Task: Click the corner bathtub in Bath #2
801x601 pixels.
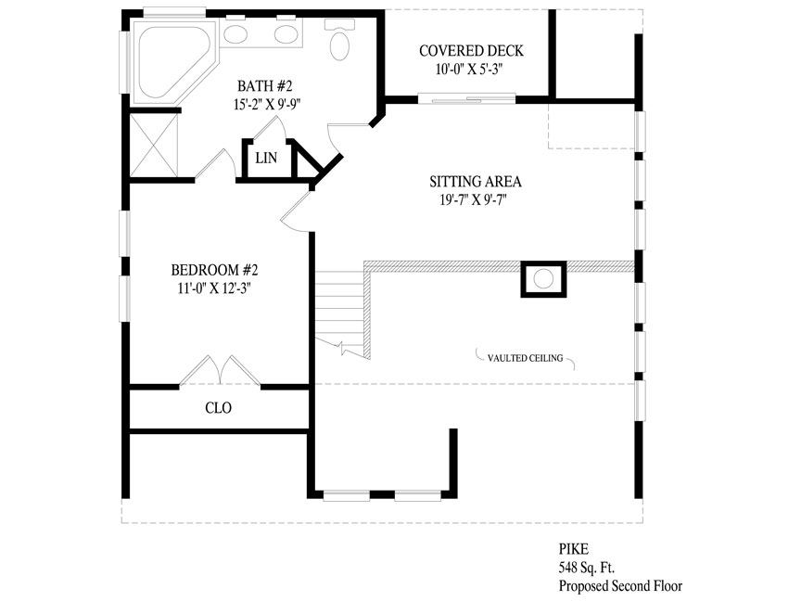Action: [172, 62]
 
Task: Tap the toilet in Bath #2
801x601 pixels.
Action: [339, 40]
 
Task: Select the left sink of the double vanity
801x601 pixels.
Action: [236, 34]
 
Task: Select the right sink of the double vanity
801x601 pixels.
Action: [286, 34]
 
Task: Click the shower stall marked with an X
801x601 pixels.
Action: [154, 146]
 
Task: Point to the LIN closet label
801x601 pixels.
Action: [266, 158]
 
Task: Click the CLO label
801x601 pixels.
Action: [218, 408]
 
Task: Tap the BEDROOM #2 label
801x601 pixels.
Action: [214, 270]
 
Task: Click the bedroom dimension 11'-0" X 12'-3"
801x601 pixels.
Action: [214, 288]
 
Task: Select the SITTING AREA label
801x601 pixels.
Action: [475, 182]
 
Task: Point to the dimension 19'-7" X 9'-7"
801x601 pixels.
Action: [475, 199]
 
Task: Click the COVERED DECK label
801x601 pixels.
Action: [471, 51]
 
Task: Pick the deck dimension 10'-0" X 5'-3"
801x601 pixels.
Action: [469, 69]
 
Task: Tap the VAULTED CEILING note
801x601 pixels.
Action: [525, 358]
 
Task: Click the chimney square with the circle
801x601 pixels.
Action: [543, 279]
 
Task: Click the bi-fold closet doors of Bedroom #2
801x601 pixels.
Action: [220, 370]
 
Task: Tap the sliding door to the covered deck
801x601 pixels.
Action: [467, 98]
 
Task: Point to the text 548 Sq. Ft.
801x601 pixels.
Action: [587, 568]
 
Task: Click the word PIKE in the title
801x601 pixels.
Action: [573, 549]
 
